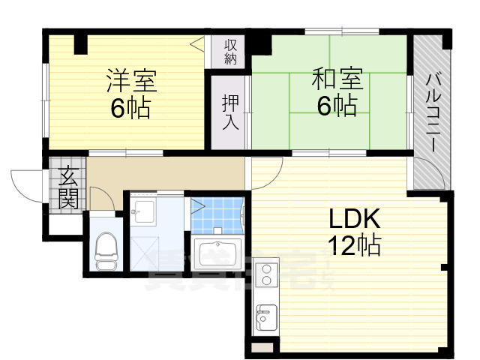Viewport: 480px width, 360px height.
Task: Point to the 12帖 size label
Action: pos(355,244)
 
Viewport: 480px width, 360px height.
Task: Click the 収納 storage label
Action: pos(229,52)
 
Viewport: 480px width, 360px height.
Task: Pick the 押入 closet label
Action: pos(229,112)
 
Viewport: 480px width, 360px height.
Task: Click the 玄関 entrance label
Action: pos(68,187)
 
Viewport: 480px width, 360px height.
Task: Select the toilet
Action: pos(106,250)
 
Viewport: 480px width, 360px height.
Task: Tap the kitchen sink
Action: pos(264,319)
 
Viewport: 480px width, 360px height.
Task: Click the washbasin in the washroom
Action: pos(142,213)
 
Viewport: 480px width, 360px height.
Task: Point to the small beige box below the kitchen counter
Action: pos(261,347)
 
